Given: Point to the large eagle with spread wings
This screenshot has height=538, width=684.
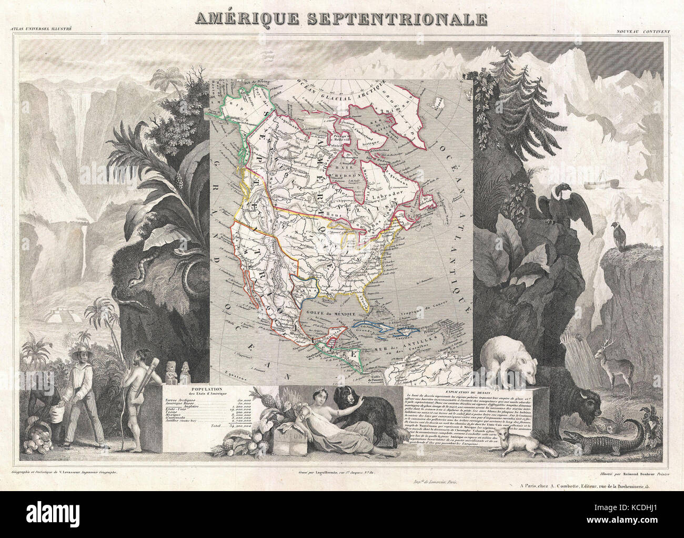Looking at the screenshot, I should (x=558, y=208).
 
